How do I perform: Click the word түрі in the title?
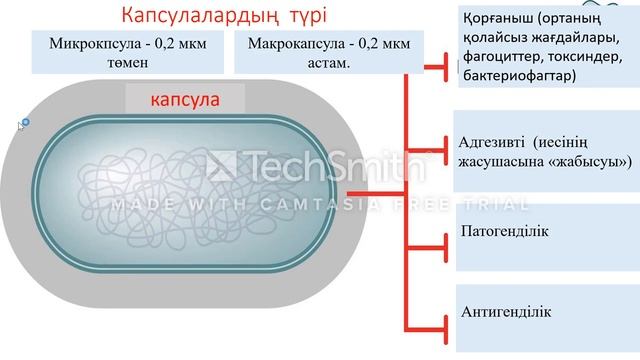coord(298,17)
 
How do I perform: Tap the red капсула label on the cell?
coord(185,101)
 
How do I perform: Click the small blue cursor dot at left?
coord(25,122)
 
